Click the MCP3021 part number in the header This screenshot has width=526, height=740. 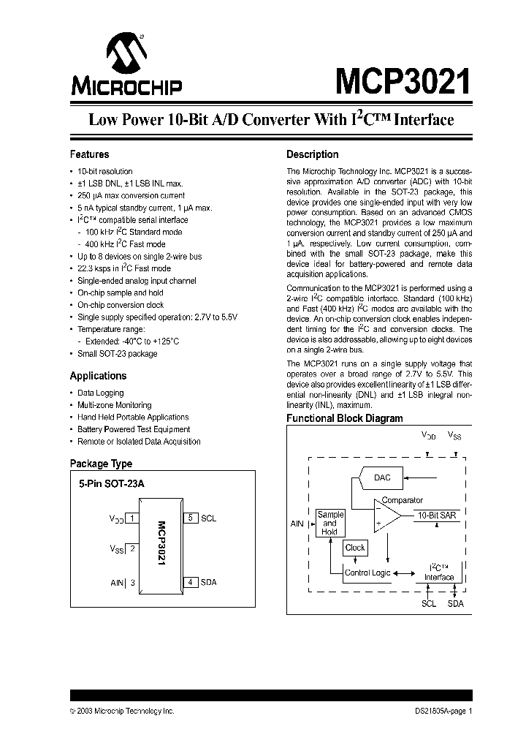pos(403,81)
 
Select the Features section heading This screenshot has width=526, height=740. pos(89,154)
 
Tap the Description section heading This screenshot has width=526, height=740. pos(312,154)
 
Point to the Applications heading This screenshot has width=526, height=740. pos(98,376)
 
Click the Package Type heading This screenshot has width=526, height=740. pos(101,464)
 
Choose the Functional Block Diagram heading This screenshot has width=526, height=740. pos(344,419)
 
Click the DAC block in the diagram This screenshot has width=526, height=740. pos(382,478)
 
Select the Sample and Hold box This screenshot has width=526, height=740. pos(329,523)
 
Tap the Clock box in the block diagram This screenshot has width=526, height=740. pos(355,548)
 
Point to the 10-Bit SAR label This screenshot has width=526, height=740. pos(437,516)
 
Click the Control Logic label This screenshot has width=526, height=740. pos(367,573)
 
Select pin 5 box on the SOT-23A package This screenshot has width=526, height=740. pos(190,518)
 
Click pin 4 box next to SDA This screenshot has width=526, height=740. pos(190,582)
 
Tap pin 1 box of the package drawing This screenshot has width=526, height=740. pos(132,518)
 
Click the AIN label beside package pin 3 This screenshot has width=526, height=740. pos(117,583)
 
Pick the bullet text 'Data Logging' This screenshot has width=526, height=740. pos(100,393)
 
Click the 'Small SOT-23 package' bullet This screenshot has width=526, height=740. pos(117,354)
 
